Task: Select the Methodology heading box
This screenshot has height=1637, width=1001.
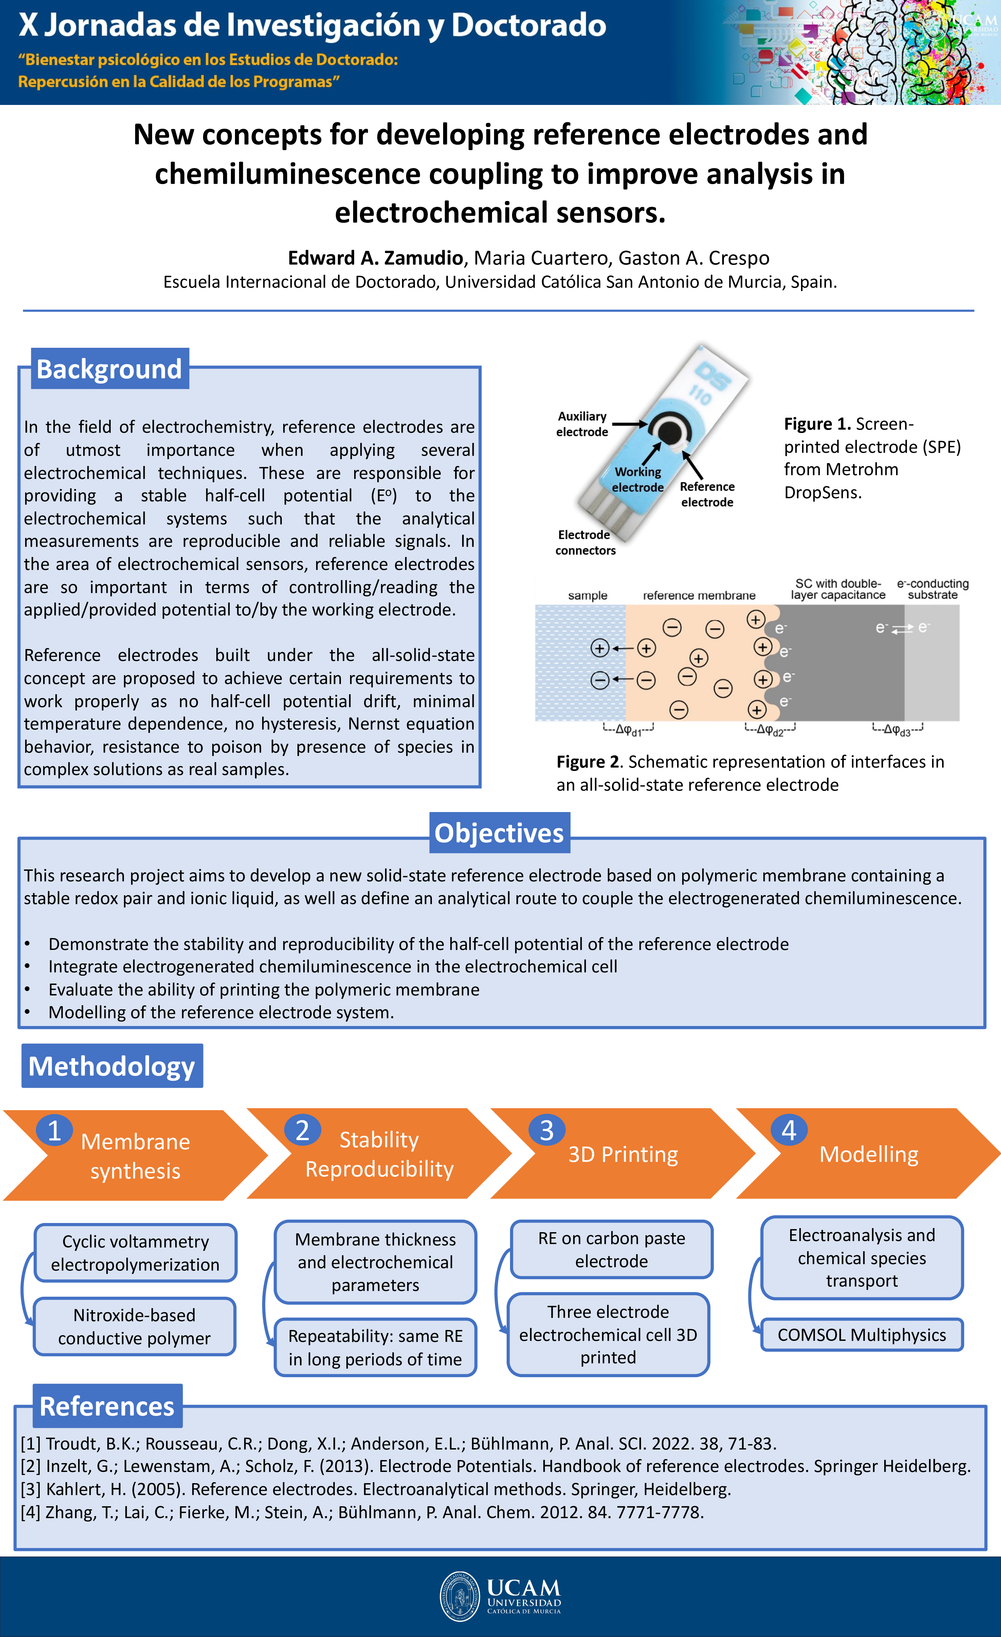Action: [112, 1066]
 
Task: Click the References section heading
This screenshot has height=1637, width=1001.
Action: [107, 1406]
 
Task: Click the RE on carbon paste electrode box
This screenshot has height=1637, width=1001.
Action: [611, 1250]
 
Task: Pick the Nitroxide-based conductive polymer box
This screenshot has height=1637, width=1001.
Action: [134, 1327]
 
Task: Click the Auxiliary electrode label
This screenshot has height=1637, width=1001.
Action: [582, 424]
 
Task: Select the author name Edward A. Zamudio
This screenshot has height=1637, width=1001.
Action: [375, 258]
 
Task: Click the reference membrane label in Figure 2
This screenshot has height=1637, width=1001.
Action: [699, 595]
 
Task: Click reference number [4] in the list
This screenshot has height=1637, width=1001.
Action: [31, 1512]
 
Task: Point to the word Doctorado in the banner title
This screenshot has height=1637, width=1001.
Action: [529, 25]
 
